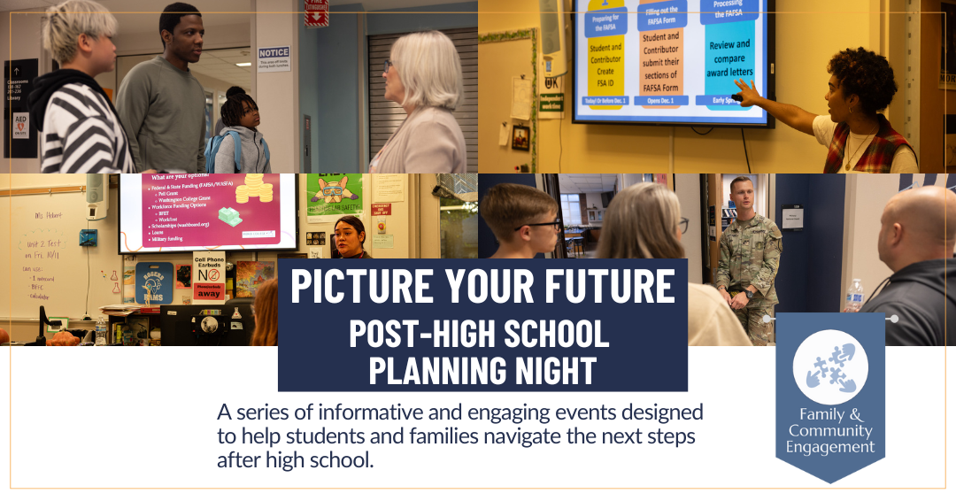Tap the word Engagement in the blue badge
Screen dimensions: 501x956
tap(829, 447)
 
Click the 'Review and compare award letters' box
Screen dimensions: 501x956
tap(730, 58)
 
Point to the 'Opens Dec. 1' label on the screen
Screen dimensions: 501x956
tap(659, 100)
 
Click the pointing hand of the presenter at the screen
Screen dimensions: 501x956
tap(744, 90)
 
